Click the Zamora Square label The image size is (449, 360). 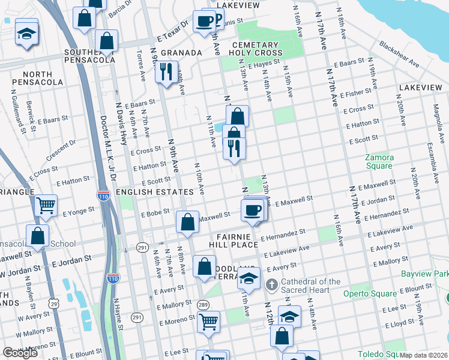click(379, 162)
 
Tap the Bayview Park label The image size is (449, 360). click(426, 274)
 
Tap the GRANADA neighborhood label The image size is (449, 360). click(181, 53)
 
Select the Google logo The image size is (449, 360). click(20, 353)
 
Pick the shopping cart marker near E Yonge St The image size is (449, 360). click(46, 206)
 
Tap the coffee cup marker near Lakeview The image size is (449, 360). click(205, 21)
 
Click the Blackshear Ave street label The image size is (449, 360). click(399, 52)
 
